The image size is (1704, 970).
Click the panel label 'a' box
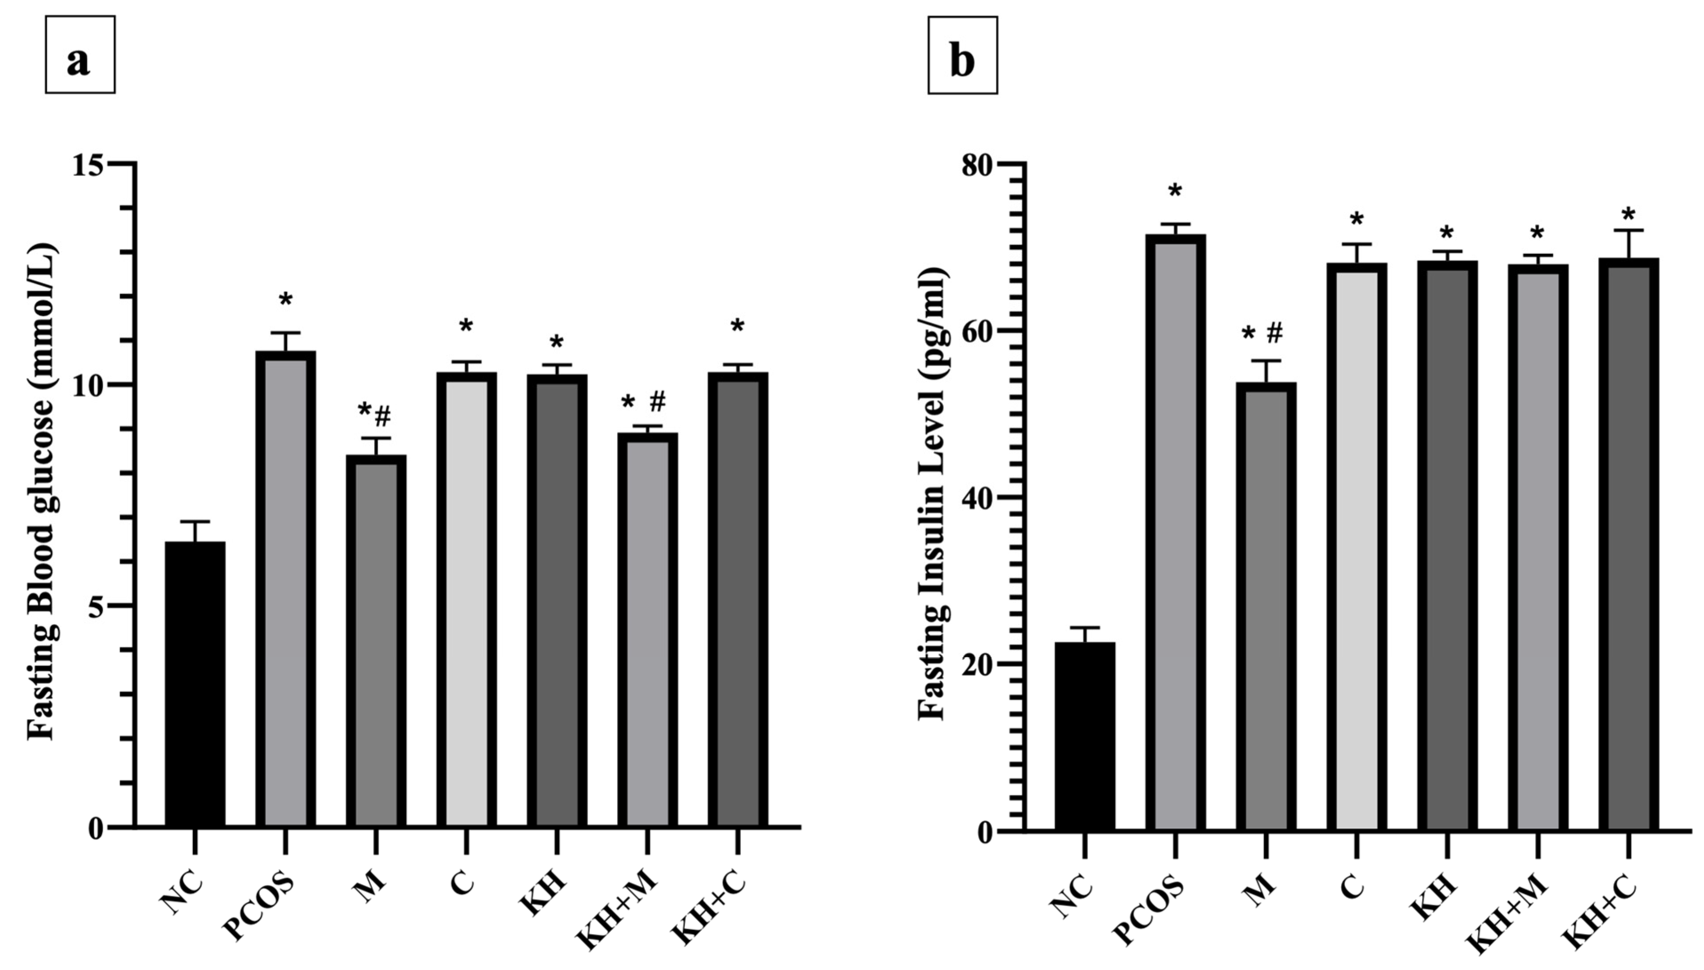(x=80, y=55)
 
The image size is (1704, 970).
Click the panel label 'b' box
(x=962, y=55)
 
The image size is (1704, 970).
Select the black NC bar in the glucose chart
(x=195, y=686)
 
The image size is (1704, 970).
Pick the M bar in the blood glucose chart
(x=376, y=643)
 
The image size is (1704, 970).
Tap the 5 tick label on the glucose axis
(x=96, y=606)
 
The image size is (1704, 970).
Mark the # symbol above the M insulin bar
(x=1274, y=333)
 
